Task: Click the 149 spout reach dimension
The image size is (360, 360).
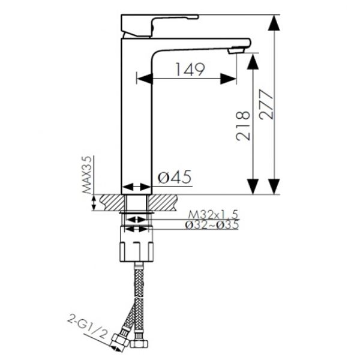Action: tap(190, 70)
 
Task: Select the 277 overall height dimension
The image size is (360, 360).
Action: tap(266, 104)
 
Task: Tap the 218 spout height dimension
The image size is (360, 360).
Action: tap(242, 126)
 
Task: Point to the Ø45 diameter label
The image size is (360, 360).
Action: tap(175, 177)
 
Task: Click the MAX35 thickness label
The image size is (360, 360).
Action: tap(87, 175)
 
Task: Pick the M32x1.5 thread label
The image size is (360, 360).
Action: tap(213, 215)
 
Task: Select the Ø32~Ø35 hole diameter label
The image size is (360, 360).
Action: tap(212, 225)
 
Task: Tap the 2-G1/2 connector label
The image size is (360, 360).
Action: tap(88, 328)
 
